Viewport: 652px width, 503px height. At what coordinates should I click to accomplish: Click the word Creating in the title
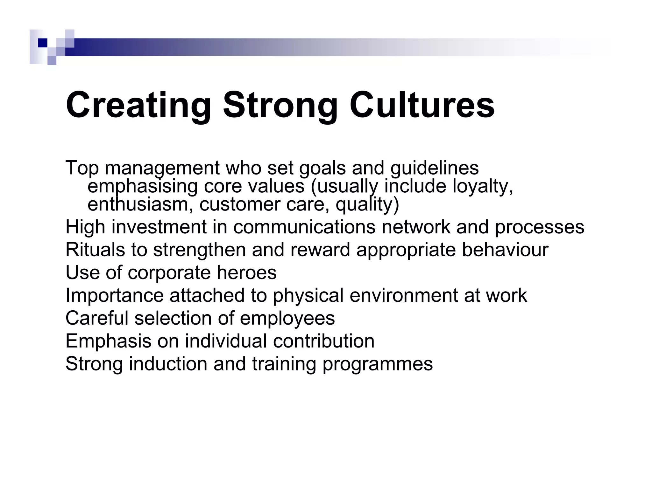coord(138,105)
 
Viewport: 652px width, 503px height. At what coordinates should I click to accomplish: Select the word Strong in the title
coord(280,105)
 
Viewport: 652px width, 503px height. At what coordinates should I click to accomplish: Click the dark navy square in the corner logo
coord(42,43)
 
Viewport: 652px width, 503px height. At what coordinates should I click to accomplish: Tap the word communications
coord(304,227)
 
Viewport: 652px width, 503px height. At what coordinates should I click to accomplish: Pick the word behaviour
coord(505,250)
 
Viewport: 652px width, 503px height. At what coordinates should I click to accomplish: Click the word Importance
coord(114,295)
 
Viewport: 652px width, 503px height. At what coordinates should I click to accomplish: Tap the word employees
coord(287,318)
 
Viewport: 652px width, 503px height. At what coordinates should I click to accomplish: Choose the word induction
coord(168,364)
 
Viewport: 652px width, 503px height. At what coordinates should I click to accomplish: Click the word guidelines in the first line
coord(434,168)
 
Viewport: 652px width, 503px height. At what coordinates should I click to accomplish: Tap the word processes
coord(539,227)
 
